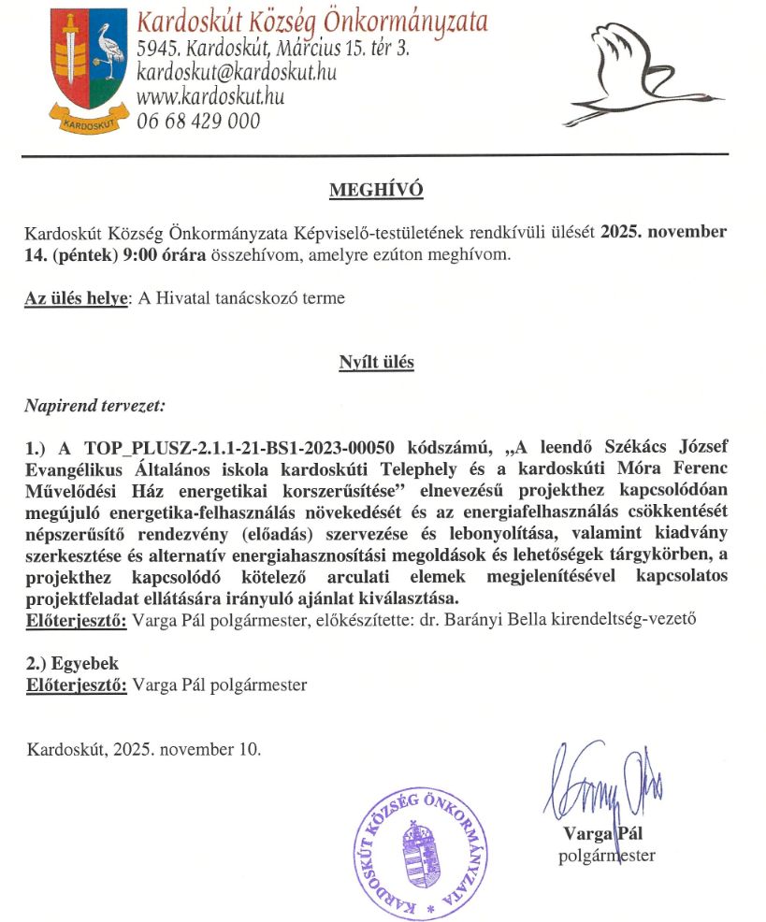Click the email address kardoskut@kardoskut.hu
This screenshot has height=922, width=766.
236,71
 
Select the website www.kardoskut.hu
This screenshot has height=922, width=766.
210,95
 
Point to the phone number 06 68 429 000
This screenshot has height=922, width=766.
198,121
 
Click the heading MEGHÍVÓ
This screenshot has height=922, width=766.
376,191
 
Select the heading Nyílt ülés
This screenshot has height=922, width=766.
376,362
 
